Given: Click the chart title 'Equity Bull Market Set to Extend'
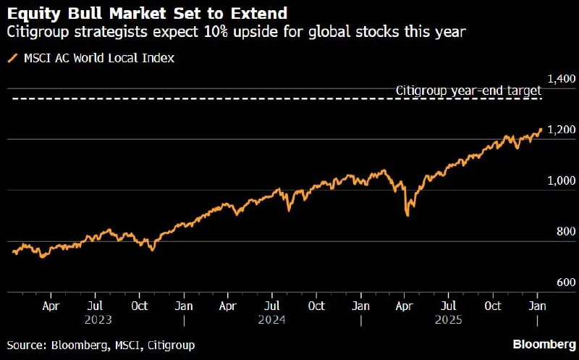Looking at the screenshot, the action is pyautogui.click(x=147, y=14).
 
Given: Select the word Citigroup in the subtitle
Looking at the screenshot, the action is pyautogui.click(x=38, y=32).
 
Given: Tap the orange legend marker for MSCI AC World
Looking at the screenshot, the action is pyautogui.click(x=13, y=58).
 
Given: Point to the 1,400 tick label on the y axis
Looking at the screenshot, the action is pyautogui.click(x=562, y=79).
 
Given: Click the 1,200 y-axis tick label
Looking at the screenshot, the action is pyautogui.click(x=562, y=130).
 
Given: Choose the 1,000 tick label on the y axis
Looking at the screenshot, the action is pyautogui.click(x=562, y=180).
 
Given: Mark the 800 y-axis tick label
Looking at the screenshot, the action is pyautogui.click(x=566, y=231).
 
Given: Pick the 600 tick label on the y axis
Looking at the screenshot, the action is pyautogui.click(x=566, y=282).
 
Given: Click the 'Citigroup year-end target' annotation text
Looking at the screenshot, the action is pyautogui.click(x=468, y=91).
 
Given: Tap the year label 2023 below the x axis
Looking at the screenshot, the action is pyautogui.click(x=98, y=319).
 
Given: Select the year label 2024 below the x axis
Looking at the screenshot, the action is pyautogui.click(x=272, y=319).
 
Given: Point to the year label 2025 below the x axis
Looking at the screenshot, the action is pyautogui.click(x=448, y=319).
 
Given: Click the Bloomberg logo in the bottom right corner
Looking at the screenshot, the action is pyautogui.click(x=544, y=345).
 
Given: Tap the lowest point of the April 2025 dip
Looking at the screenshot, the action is pyautogui.click(x=407, y=215).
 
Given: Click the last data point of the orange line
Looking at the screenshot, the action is pyautogui.click(x=541, y=129).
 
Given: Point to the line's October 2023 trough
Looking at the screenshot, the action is pyautogui.click(x=153, y=250).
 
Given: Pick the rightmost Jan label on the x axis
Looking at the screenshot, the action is pyautogui.click(x=537, y=306).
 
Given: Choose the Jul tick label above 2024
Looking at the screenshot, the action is pyautogui.click(x=272, y=306).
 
